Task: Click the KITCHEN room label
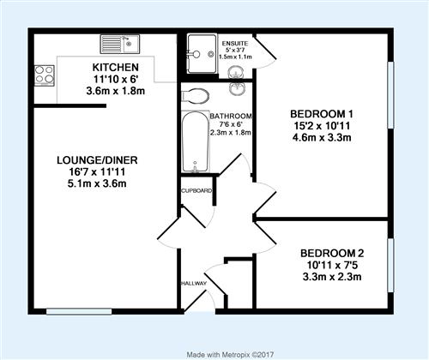(116, 68)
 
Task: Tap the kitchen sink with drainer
(120, 44)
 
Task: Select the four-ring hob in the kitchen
(45, 75)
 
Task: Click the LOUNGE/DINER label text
(97, 160)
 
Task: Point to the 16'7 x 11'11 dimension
(97, 172)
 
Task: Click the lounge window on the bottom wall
(79, 311)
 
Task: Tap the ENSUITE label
(235, 44)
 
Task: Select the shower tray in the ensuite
(202, 54)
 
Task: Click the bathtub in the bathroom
(196, 142)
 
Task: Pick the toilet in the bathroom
(196, 96)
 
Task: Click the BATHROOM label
(231, 117)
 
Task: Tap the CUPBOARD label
(197, 190)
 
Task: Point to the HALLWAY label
(194, 284)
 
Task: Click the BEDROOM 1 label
(322, 114)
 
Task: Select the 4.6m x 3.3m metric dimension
(322, 138)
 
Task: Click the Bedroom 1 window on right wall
(390, 95)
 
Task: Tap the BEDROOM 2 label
(332, 254)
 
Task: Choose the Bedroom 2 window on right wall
(390, 266)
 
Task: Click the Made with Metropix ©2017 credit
(230, 355)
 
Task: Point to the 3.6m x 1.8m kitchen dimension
(116, 91)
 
